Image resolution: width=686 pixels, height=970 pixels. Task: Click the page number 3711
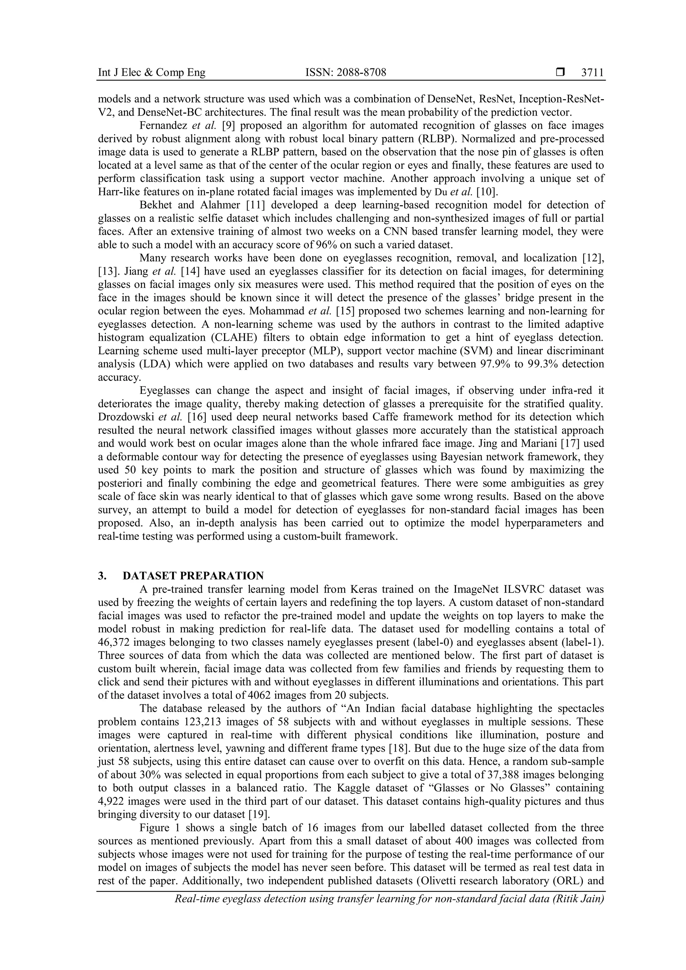(593, 73)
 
